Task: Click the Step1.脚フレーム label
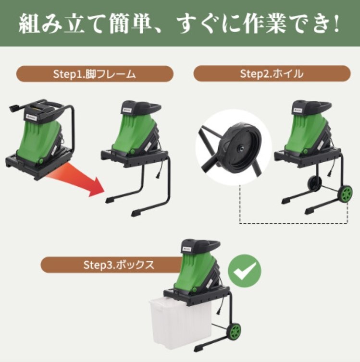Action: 95,74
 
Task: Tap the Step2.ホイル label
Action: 272,73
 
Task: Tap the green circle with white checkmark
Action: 245,271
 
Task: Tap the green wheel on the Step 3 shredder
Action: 234,332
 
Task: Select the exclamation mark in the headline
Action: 336,24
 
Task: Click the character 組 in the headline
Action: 30,24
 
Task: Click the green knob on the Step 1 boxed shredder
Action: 41,161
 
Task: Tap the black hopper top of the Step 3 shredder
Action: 200,248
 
